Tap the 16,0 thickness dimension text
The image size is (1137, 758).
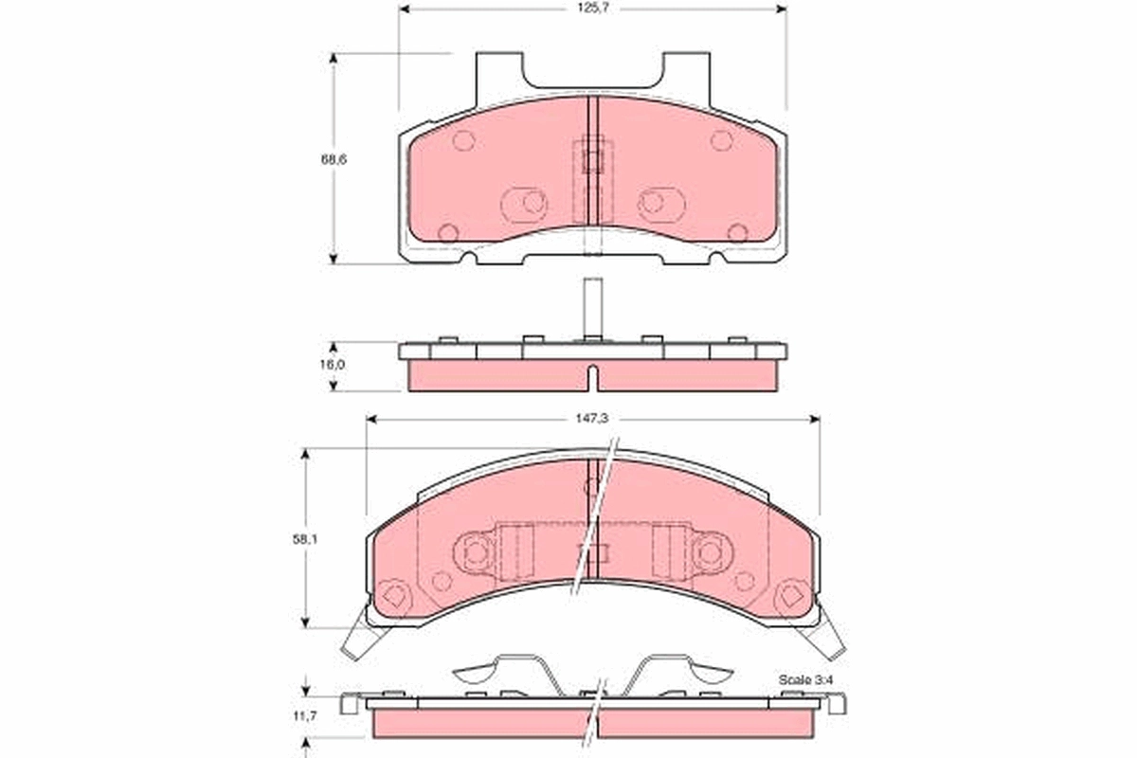tap(333, 364)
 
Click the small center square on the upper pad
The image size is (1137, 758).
tap(592, 159)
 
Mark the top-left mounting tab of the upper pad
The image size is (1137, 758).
tap(498, 71)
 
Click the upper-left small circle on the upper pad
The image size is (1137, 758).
tap(463, 141)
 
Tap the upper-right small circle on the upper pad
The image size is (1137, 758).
tap(721, 141)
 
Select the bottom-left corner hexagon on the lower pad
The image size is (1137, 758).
tap(396, 597)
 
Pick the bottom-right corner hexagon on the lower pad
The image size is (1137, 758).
tap(788, 597)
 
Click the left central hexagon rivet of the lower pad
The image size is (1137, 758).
tap(477, 550)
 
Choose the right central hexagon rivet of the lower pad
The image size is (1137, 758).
tap(708, 550)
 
